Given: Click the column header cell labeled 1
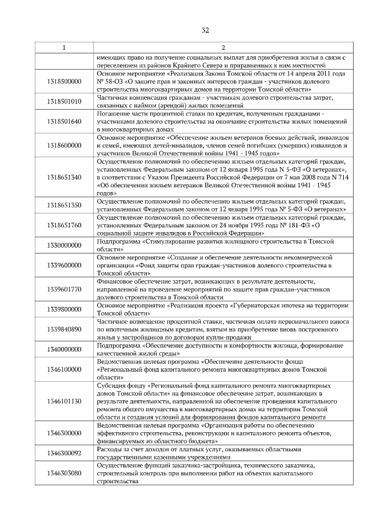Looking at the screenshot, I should [x=64, y=48].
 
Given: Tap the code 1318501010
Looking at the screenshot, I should [x=64, y=102].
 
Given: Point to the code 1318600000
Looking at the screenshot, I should [x=64, y=145].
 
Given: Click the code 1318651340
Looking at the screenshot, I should [x=64, y=177].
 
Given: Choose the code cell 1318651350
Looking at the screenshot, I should [x=64, y=205].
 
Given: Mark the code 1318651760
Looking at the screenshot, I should [x=64, y=225].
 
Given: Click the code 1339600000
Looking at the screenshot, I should [x=64, y=265].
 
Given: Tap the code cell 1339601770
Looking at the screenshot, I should [x=64, y=289].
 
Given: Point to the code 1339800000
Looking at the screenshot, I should [x=64, y=309].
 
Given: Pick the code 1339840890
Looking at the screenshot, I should [x=64, y=329].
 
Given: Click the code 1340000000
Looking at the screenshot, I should [x=64, y=349].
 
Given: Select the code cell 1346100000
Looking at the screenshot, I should [x=64, y=368].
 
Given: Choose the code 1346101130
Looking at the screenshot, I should [x=64, y=401].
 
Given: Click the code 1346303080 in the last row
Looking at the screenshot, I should [x=64, y=473].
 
